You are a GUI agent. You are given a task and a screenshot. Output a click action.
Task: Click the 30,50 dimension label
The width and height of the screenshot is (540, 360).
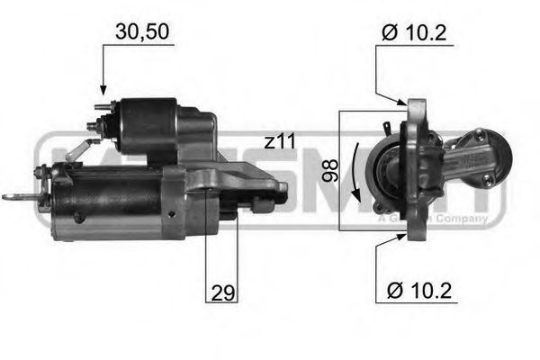point(141,32)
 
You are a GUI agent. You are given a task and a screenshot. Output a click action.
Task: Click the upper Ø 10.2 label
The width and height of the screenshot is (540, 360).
point(414,34)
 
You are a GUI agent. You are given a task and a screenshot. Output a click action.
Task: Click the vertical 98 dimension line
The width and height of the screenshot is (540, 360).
point(339,170)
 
